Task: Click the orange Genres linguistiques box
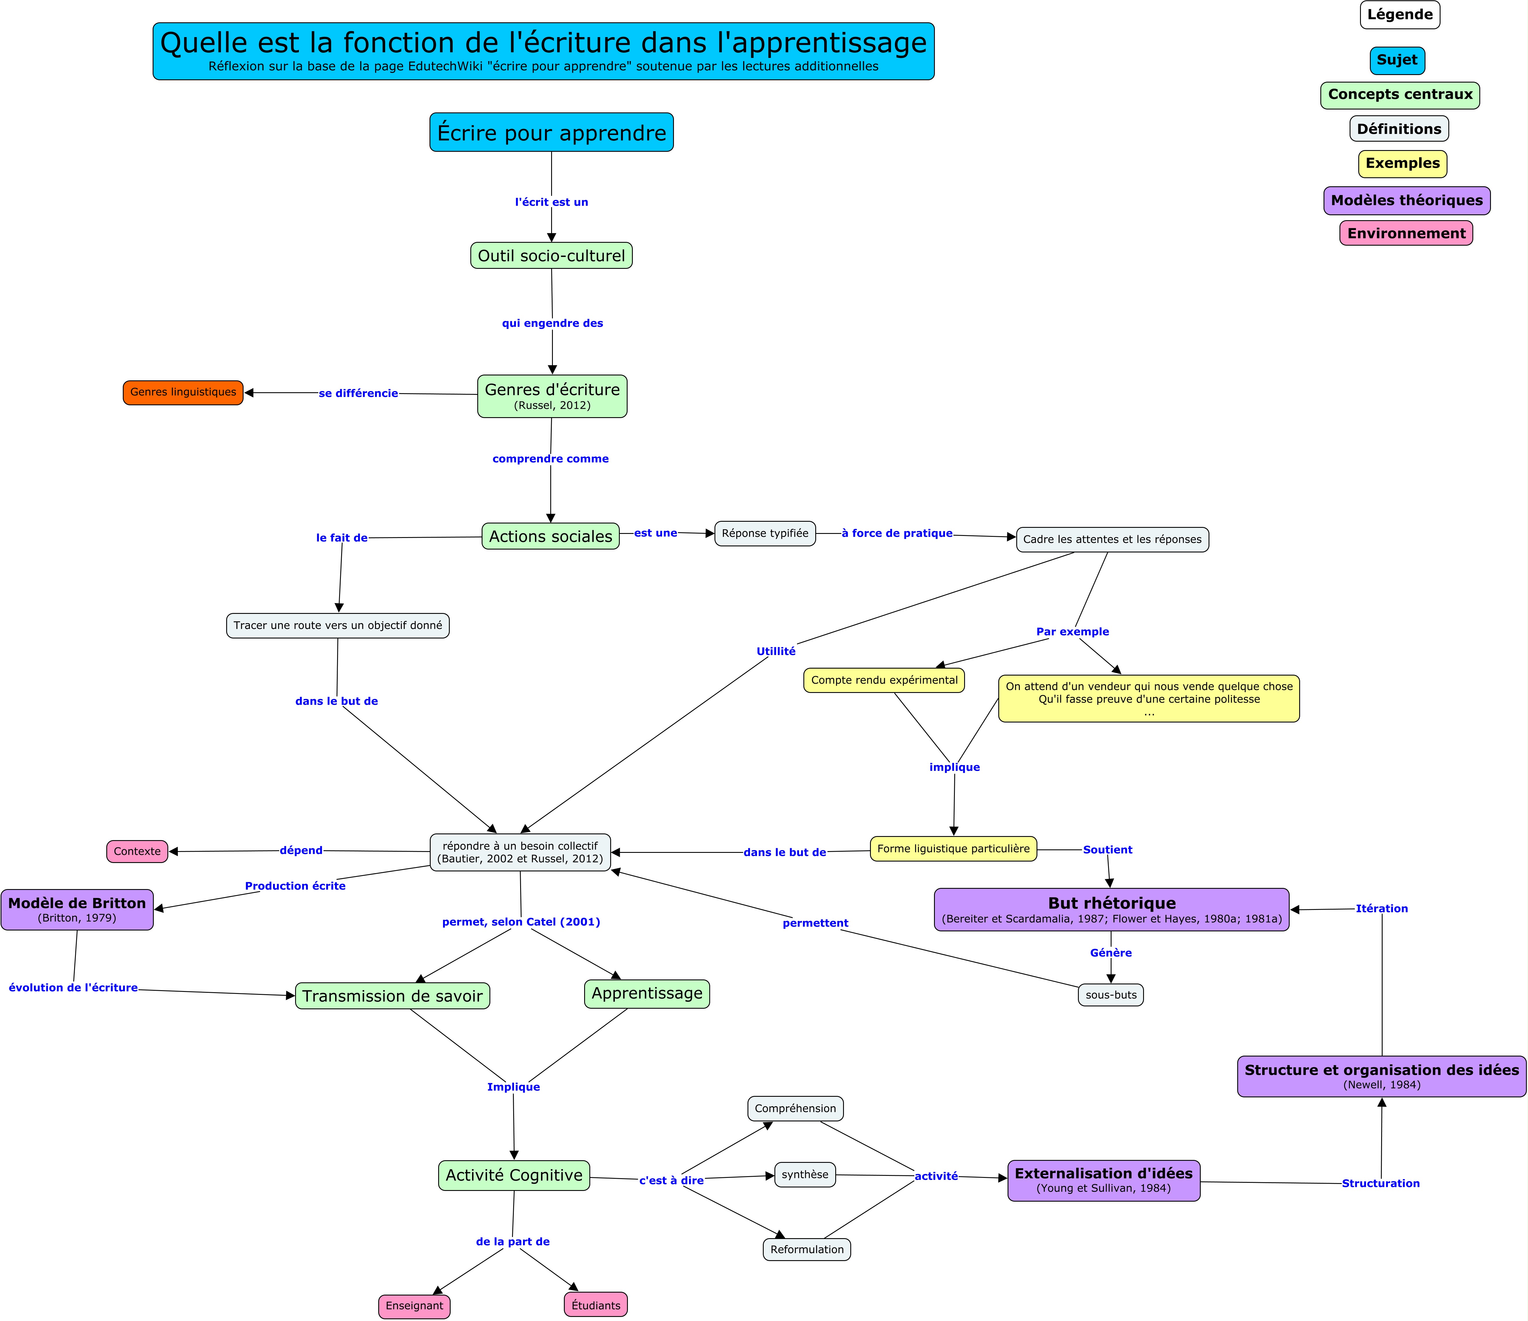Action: point(183,393)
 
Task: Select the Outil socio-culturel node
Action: point(552,255)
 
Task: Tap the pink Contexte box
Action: point(137,851)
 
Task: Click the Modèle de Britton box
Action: point(77,909)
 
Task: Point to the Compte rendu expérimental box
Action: point(884,680)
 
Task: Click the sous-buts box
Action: point(1111,995)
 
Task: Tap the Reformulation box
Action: point(807,1249)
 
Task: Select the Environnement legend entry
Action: point(1406,233)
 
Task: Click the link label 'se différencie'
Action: point(359,393)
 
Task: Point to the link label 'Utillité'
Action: point(776,651)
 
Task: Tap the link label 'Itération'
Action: point(1382,909)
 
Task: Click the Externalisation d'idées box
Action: point(1104,1180)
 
